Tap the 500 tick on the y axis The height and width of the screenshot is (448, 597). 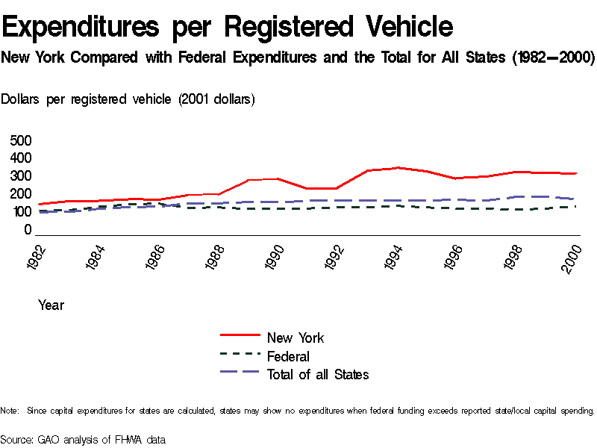pyautogui.click(x=22, y=140)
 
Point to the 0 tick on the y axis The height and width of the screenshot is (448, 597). pyautogui.click(x=28, y=230)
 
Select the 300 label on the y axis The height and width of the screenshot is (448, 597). pyautogui.click(x=22, y=176)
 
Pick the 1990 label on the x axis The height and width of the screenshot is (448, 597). pyautogui.click(x=275, y=255)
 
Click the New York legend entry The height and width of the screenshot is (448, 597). pyautogui.click(x=295, y=337)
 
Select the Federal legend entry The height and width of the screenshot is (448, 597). pyautogui.click(x=287, y=356)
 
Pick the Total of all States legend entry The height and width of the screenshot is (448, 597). pyautogui.click(x=317, y=374)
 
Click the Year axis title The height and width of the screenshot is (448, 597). pyautogui.click(x=51, y=305)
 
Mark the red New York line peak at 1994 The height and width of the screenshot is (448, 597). pyautogui.click(x=399, y=167)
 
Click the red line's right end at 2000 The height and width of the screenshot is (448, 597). pyautogui.click(x=576, y=173)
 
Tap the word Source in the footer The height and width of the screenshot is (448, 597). pyautogui.click(x=15, y=439)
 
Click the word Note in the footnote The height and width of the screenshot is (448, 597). pyautogui.click(x=9, y=411)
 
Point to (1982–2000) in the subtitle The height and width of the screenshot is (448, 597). pyautogui.click(x=553, y=57)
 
